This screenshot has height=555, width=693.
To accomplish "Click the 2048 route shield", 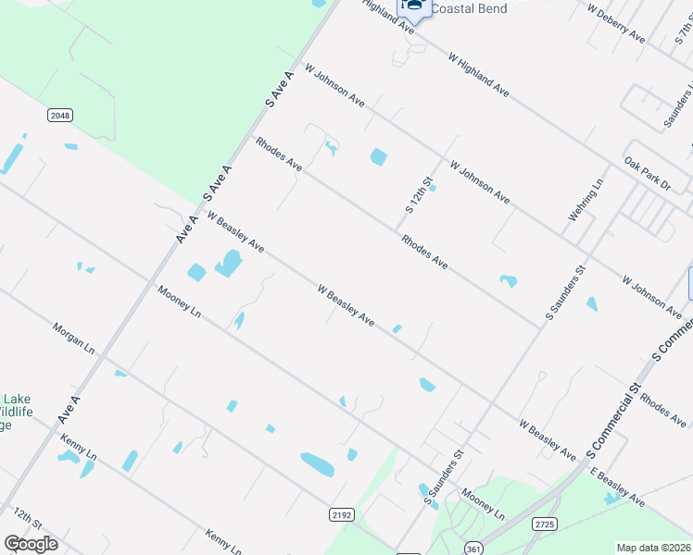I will [x=60, y=115].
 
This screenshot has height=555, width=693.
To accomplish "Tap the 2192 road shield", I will [x=342, y=514].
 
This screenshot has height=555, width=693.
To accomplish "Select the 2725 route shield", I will [x=544, y=524].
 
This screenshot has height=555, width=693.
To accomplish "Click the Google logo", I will [x=31, y=544].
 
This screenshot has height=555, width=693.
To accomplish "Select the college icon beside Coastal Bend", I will [x=414, y=8].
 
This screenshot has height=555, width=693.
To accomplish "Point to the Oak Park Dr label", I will [x=647, y=173].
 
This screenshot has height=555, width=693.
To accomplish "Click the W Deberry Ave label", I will [x=617, y=21].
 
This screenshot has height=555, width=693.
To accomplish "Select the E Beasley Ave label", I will [x=617, y=487].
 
